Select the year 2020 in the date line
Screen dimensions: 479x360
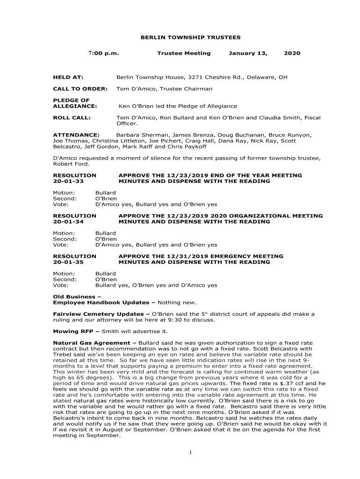[x=292, y=53]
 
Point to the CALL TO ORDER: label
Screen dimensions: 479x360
[x=80, y=89]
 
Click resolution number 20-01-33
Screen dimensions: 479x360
[x=68, y=181]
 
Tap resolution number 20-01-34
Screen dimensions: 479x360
[x=68, y=222]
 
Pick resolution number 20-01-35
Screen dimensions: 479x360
[x=68, y=262]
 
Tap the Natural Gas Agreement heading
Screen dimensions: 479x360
[x=92, y=343]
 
